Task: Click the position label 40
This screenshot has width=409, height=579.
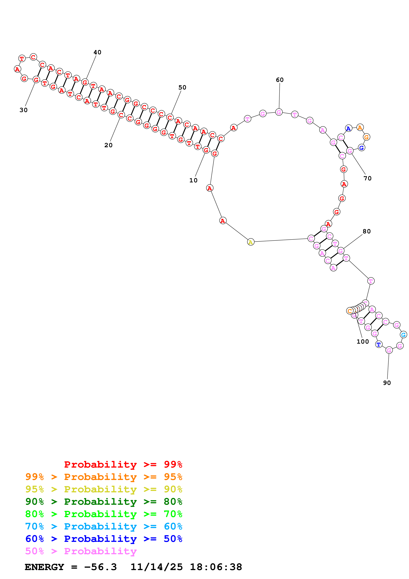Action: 97,52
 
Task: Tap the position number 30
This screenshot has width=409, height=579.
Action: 23,110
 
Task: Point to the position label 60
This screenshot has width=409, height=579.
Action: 279,80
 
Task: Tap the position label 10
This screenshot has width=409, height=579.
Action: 193,180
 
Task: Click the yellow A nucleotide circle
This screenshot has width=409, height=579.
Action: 250,242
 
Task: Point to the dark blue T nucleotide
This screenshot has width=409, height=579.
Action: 378,344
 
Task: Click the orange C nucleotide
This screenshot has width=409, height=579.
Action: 350,311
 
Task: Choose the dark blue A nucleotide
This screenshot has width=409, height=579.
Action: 348,129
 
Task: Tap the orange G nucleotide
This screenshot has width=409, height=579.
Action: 366,137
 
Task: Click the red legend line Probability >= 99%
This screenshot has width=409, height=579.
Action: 123,464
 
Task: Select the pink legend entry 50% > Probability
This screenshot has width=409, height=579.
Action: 81,551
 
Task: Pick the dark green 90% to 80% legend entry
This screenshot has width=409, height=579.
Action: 104,502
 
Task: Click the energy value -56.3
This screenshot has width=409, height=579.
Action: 100,567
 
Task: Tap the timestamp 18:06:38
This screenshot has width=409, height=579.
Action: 216,567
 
